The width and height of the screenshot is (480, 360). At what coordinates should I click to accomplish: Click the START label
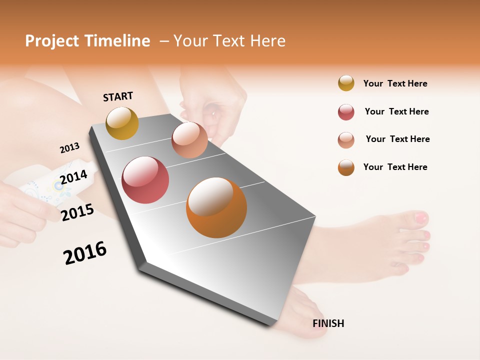point(118,96)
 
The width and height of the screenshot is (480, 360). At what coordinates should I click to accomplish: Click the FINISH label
point(328,323)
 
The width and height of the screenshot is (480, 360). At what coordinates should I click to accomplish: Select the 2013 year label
point(69,148)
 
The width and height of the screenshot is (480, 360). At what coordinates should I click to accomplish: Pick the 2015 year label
point(77,212)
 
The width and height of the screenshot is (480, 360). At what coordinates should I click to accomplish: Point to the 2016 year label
point(85,252)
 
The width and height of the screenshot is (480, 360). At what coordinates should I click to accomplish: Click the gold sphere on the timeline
point(122,123)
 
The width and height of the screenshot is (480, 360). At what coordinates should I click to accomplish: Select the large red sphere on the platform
point(145,180)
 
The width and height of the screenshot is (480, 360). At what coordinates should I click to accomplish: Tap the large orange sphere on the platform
point(216,207)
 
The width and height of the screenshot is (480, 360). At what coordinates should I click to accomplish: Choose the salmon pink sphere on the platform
point(189,140)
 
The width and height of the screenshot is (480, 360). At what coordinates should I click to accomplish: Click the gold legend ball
point(346,83)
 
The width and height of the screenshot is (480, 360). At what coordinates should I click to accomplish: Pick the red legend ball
point(346,112)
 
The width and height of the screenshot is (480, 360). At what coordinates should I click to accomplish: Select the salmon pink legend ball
point(346,140)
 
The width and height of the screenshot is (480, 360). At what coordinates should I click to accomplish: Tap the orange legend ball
point(346,167)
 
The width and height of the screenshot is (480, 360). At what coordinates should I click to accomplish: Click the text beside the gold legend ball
point(395,83)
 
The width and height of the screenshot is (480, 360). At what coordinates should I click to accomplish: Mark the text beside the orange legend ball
point(395,167)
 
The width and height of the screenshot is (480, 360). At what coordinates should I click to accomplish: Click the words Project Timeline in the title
point(87,41)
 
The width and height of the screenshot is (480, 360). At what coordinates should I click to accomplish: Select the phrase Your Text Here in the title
point(229,41)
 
